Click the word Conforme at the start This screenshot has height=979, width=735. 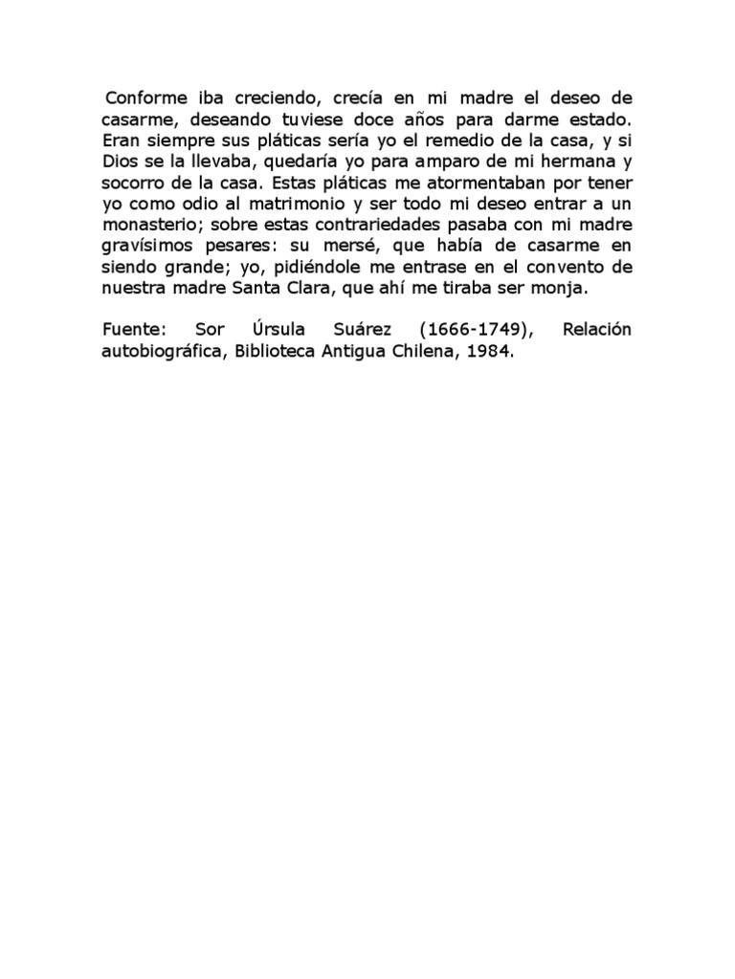click(x=142, y=98)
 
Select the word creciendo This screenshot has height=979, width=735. click(x=254, y=98)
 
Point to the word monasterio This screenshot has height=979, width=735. click(x=149, y=225)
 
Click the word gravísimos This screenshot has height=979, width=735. click(x=145, y=246)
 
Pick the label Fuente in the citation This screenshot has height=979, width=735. click(x=133, y=330)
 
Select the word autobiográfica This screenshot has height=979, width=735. click(x=167, y=351)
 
